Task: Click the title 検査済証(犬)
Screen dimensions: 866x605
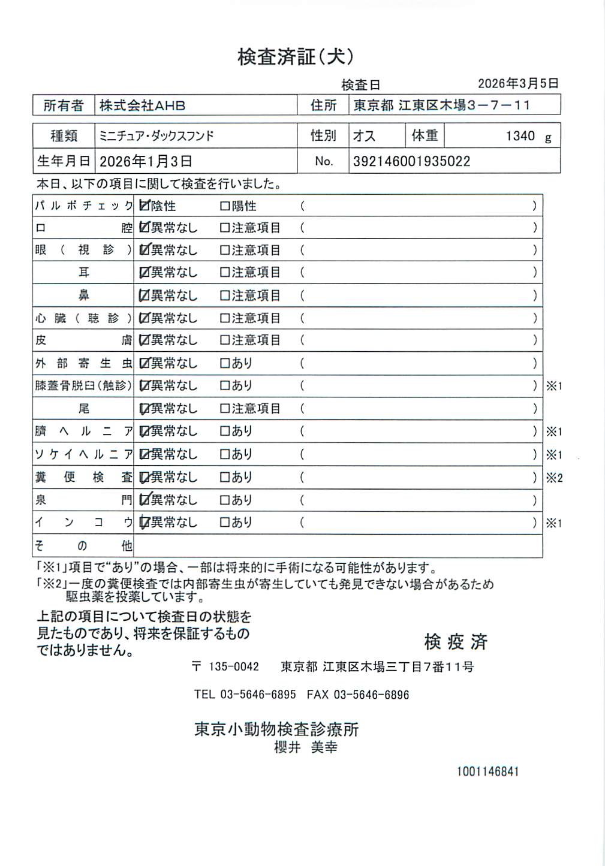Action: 296,57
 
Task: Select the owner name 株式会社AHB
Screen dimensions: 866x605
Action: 142,105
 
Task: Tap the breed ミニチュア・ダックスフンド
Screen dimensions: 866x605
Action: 156,136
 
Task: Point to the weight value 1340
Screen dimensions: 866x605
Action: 520,136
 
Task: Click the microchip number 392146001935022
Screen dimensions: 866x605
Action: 411,161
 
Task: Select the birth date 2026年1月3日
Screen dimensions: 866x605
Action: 146,161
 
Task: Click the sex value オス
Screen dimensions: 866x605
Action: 364,136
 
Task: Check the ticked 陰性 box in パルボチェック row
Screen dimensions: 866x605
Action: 144,206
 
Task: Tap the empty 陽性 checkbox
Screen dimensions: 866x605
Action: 225,206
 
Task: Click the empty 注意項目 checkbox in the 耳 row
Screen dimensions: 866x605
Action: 225,273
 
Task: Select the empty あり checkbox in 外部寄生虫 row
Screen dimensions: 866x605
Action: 225,363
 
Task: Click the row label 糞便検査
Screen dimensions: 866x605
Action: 83,477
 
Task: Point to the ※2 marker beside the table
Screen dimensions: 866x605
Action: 554,478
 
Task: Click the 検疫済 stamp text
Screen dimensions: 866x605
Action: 456,642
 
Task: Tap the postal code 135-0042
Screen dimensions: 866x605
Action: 233,666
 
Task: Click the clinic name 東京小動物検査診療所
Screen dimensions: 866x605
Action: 276,729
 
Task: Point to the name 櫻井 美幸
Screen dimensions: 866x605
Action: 305,747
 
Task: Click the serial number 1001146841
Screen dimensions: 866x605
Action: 487,771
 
